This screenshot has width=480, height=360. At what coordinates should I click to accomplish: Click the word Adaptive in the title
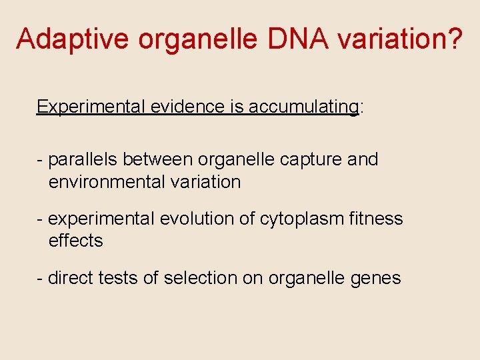point(73,39)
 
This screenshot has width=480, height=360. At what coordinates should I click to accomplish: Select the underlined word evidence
point(187,107)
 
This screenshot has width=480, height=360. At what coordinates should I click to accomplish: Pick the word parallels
point(83,160)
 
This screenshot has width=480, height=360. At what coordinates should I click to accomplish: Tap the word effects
point(76,241)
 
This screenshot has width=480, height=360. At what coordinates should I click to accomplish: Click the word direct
point(71,277)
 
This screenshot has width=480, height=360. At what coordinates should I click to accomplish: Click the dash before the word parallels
point(41,161)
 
